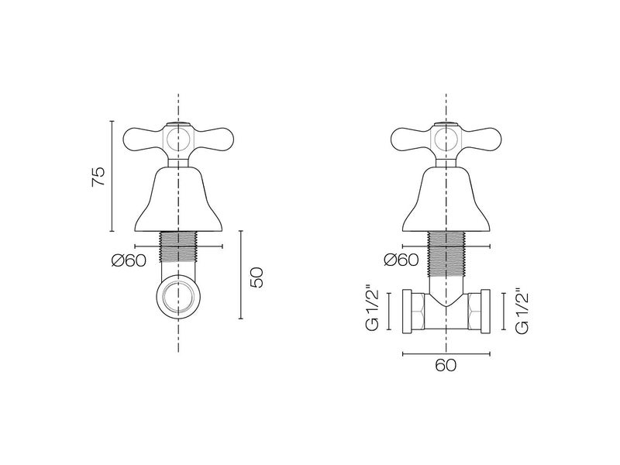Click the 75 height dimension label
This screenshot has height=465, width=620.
pyautogui.click(x=98, y=177)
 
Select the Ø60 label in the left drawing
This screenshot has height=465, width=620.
pyautogui.click(x=129, y=260)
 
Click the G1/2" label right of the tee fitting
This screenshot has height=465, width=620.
pyautogui.click(x=521, y=311)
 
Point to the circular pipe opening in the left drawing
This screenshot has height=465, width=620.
pyautogui.click(x=179, y=297)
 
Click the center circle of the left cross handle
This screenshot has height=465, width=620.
pyautogui.click(x=179, y=140)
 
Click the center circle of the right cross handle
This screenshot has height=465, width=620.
pyautogui.click(x=446, y=140)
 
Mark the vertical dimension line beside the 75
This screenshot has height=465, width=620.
pyautogui.click(x=112, y=177)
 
